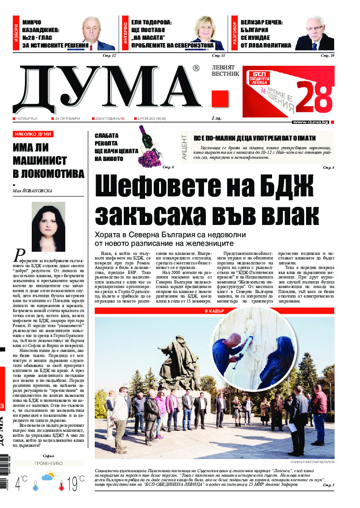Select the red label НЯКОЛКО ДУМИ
33,134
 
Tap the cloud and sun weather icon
49,477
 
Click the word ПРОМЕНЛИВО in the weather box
49,463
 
